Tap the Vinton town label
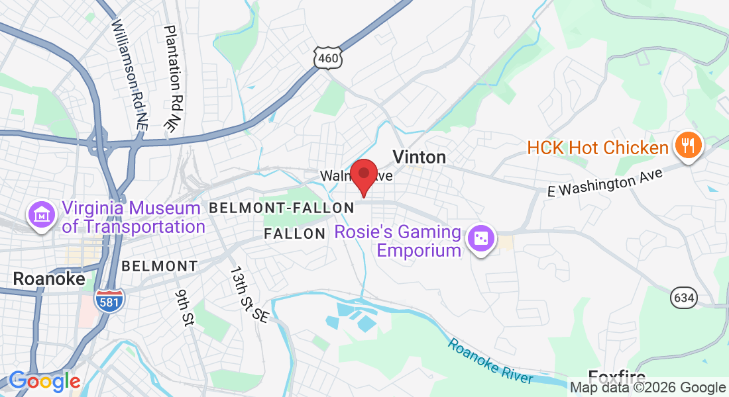(x=419, y=157)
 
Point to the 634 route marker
(x=683, y=298)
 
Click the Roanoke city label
(x=49, y=279)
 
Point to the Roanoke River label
(x=490, y=361)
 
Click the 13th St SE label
(x=249, y=294)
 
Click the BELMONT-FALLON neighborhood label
(x=282, y=208)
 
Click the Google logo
(x=45, y=382)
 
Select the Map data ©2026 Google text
(x=648, y=388)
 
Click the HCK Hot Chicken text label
(x=598, y=147)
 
